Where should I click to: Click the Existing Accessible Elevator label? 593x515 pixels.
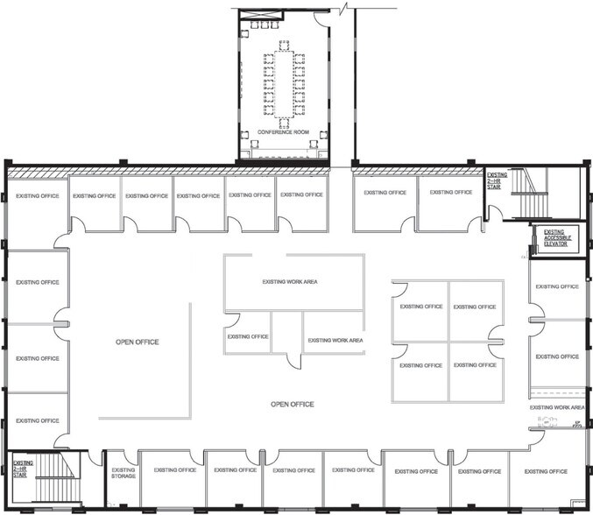point(549,238)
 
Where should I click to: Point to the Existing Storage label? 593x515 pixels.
point(124,474)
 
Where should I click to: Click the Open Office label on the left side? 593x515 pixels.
point(138,342)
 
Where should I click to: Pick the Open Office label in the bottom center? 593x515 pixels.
point(292,405)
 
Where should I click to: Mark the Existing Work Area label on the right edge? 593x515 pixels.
point(557,407)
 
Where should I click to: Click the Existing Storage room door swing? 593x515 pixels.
point(95,458)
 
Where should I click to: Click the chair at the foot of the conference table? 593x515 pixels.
point(284,123)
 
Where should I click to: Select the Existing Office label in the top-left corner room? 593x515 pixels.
point(38,196)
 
